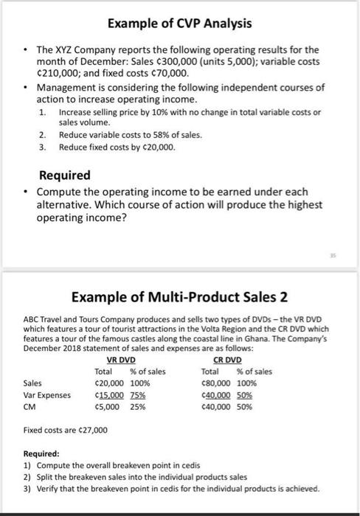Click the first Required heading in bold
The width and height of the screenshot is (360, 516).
64,175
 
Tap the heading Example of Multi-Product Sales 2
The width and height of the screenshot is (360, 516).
179,298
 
